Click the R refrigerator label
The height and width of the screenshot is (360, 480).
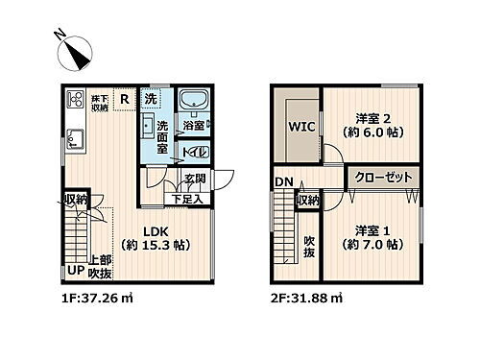[124, 98]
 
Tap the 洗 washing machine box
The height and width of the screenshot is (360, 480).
[151, 99]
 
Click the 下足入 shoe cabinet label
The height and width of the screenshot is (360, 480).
[186, 199]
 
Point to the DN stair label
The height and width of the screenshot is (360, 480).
[283, 182]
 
